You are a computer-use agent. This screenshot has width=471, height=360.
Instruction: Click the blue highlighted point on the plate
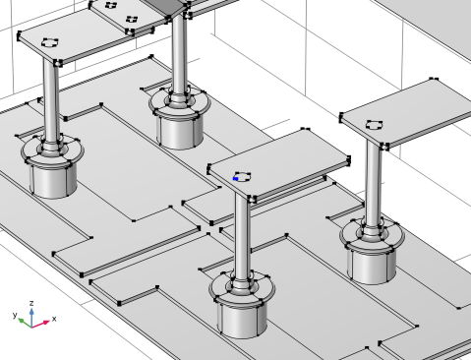(x=235, y=179)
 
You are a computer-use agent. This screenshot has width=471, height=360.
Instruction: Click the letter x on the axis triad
(x=54, y=319)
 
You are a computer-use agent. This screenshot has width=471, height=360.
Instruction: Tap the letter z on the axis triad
(x=31, y=303)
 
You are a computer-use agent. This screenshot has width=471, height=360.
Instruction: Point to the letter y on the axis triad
(x=15, y=315)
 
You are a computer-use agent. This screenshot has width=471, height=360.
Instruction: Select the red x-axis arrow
(x=41, y=324)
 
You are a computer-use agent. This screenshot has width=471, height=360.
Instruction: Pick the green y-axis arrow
(x=25, y=323)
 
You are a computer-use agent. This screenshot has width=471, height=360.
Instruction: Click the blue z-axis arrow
(x=31, y=317)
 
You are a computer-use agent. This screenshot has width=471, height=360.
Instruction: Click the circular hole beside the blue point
(x=243, y=176)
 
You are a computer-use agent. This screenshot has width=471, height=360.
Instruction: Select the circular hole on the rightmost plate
(x=375, y=125)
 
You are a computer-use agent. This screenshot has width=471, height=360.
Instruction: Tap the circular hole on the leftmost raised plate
(x=50, y=42)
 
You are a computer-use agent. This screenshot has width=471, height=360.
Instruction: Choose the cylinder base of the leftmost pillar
(x=53, y=180)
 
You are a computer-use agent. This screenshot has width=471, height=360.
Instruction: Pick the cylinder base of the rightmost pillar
(x=372, y=265)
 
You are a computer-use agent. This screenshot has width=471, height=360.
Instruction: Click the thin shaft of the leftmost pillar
(x=51, y=101)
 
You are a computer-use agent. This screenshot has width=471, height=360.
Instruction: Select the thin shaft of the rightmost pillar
(x=374, y=184)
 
